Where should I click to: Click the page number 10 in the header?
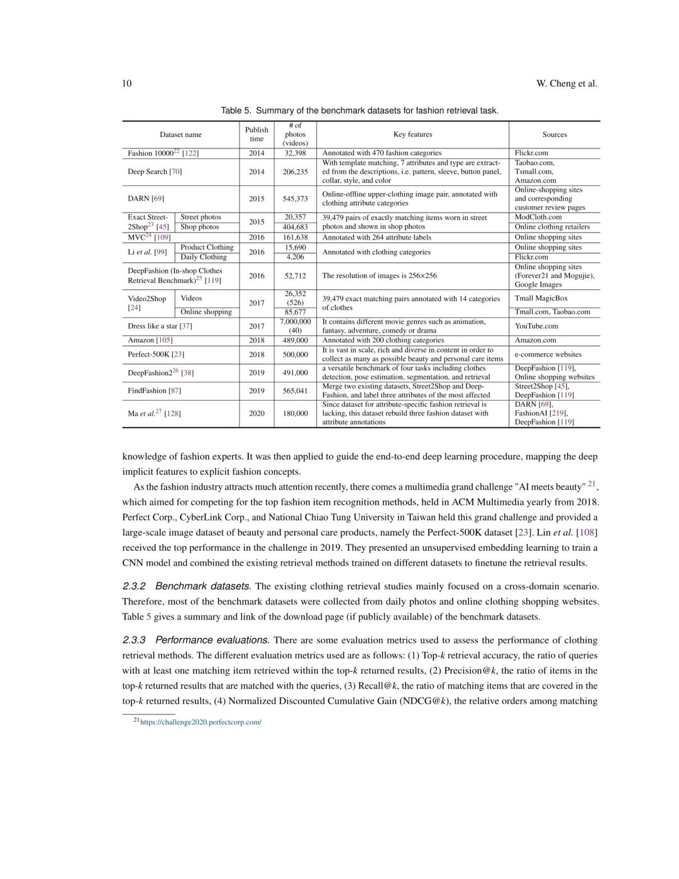point(127,84)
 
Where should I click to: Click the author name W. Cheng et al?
point(566,84)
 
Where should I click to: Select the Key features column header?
point(412,135)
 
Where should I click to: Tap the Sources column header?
point(555,135)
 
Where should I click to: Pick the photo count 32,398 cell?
point(295,153)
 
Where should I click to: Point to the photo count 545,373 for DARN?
point(295,199)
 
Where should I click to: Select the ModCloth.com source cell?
point(538,217)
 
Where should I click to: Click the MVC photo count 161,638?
point(295,237)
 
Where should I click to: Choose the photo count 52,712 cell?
point(295,275)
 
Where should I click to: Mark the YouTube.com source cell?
point(536,326)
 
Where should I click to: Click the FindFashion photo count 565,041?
point(295,390)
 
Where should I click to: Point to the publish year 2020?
point(257,413)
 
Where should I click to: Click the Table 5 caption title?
point(360,111)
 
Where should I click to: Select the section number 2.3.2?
point(134,586)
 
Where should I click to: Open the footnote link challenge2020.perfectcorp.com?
point(201,722)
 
